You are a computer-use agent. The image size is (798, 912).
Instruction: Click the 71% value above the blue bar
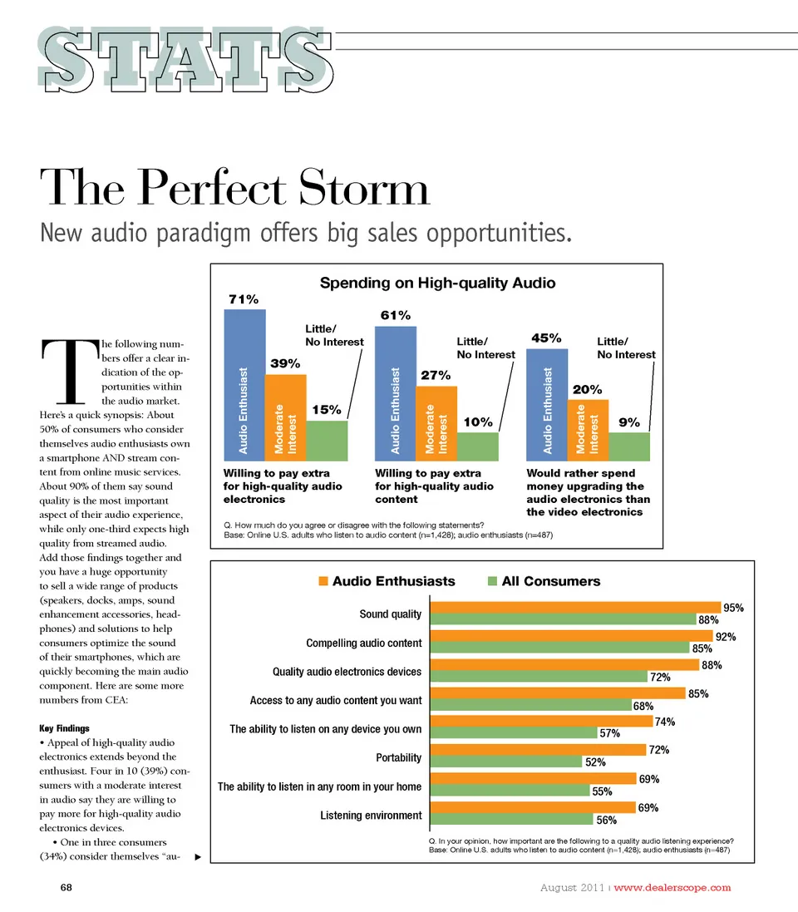pos(243,299)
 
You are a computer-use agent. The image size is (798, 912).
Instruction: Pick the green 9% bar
pos(629,446)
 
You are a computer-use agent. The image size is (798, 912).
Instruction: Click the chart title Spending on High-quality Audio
pos(437,283)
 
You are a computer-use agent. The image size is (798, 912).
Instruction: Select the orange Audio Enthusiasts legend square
pos(324,581)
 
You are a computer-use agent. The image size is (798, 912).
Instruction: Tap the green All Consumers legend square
pos(493,581)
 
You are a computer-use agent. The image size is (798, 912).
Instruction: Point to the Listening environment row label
pos(371,815)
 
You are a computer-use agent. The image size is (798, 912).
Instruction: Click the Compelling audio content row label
pos(363,643)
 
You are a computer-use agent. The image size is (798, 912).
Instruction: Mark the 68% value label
pos(643,707)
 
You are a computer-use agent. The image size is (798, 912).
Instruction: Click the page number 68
pos(67,887)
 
